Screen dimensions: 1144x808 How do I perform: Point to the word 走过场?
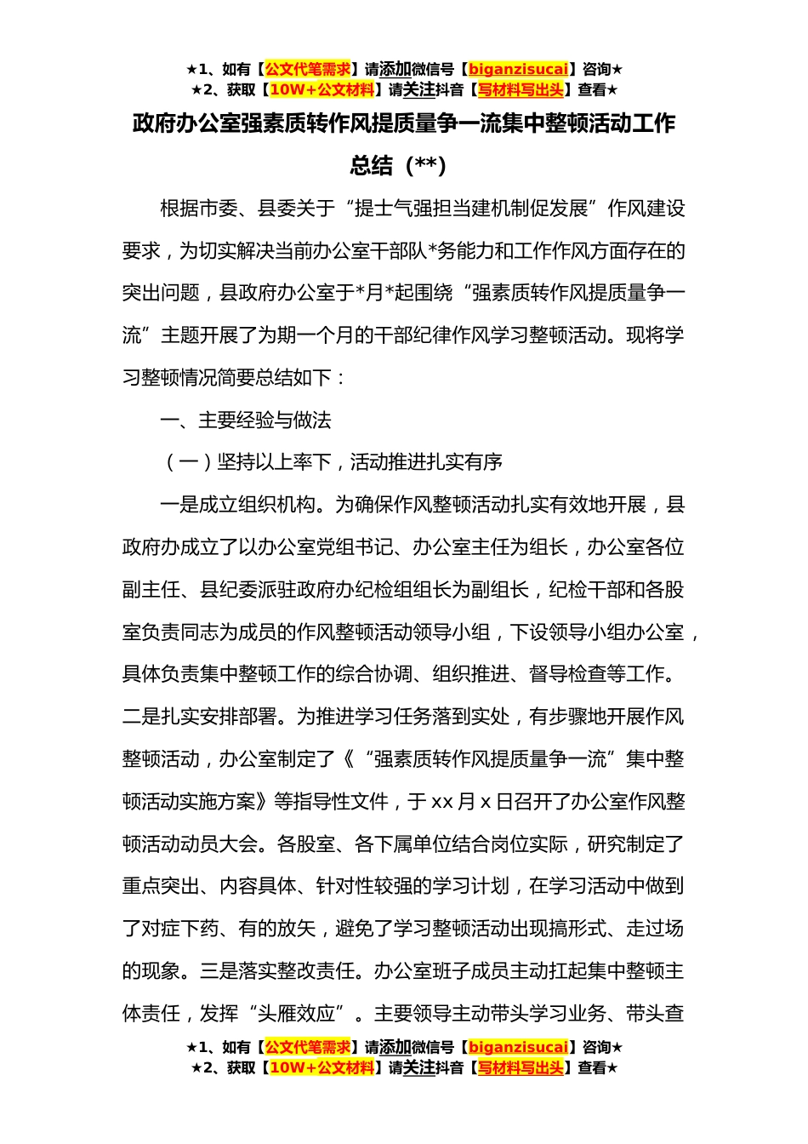point(655,929)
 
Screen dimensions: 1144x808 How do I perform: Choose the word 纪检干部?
point(588,590)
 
